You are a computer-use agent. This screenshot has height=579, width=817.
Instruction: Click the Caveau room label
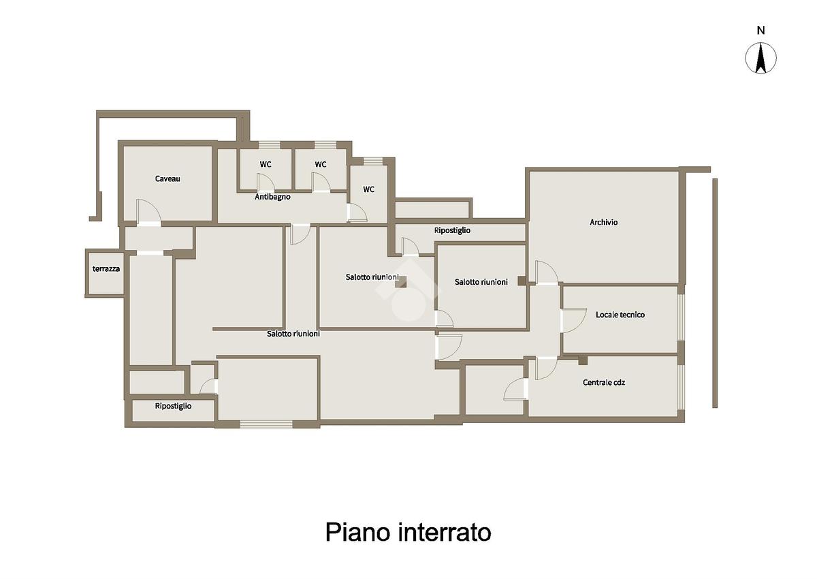[167, 178]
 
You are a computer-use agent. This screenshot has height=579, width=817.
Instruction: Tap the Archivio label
[604, 222]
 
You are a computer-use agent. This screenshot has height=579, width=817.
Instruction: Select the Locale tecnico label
[620, 315]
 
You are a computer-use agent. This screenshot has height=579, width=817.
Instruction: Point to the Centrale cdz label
[604, 383]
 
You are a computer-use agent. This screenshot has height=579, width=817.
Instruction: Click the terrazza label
[106, 269]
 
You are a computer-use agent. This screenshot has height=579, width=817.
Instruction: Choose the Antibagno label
[272, 197]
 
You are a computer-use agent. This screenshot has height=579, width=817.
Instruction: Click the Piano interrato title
[408, 532]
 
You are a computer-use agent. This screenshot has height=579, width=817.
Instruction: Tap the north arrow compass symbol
[761, 58]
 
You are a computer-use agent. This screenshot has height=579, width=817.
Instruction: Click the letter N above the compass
[761, 30]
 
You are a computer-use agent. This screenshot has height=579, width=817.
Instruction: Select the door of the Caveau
[148, 213]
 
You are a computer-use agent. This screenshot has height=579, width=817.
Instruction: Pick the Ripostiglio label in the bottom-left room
[173, 406]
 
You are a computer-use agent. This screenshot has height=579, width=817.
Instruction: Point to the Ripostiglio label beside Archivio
[452, 230]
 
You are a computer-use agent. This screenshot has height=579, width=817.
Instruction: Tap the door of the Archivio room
[547, 272]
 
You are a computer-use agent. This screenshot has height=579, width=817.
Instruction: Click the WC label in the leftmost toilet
[266, 164]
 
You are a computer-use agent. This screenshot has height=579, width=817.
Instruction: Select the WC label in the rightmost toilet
[368, 189]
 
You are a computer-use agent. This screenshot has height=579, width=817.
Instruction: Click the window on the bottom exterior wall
[266, 424]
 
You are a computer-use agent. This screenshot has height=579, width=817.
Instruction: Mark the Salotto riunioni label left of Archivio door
[481, 282]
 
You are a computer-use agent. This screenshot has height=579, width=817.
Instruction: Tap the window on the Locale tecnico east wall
[681, 316]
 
